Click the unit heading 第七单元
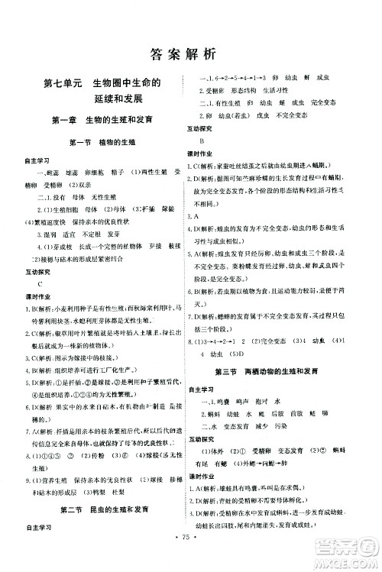(63, 82)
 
